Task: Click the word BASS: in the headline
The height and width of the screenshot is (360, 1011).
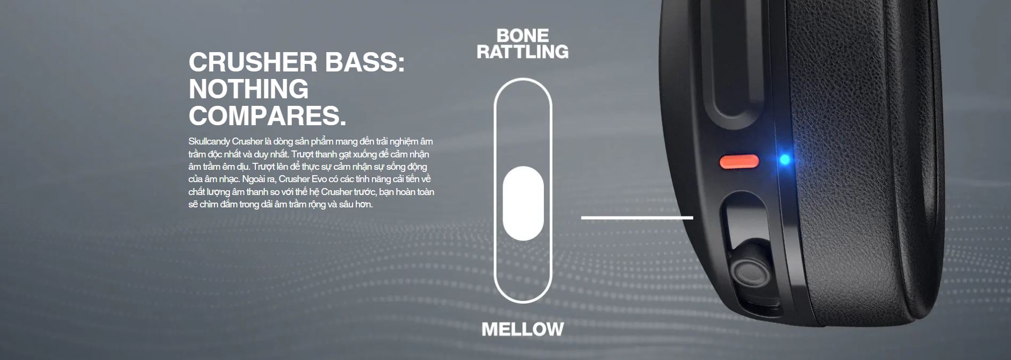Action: click(x=357, y=62)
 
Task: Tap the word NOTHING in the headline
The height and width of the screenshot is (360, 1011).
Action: click(x=249, y=89)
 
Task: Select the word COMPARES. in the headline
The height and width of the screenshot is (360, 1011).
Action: click(x=268, y=116)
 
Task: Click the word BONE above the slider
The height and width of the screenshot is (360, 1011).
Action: click(x=523, y=36)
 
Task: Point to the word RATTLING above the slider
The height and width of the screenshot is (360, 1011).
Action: click(x=523, y=52)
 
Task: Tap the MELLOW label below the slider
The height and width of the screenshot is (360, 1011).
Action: click(x=523, y=329)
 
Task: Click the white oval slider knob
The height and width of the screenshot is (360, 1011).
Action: click(x=523, y=203)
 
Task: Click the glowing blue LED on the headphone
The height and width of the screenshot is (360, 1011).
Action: click(x=785, y=160)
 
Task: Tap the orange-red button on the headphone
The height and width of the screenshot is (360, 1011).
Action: click(x=740, y=161)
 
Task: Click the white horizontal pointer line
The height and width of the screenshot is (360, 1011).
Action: click(x=637, y=218)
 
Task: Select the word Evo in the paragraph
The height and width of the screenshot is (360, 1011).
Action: click(x=320, y=179)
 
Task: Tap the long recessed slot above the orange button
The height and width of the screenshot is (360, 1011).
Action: click(x=736, y=75)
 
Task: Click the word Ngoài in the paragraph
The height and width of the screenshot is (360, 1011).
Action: click(x=254, y=179)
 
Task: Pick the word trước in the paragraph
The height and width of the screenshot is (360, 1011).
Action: click(x=365, y=192)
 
